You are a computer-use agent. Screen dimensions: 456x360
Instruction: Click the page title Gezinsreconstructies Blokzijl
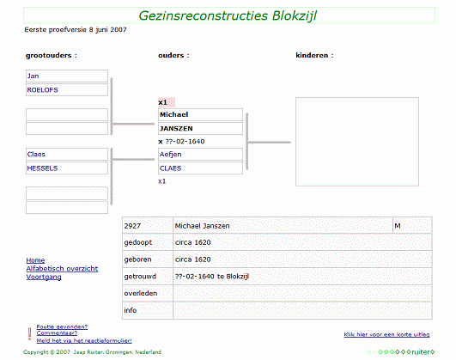[228, 15]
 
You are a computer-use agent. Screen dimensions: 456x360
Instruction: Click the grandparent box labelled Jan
[67, 76]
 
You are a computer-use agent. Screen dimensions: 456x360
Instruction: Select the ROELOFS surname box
[67, 90]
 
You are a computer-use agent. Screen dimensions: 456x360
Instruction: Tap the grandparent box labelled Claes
[67, 155]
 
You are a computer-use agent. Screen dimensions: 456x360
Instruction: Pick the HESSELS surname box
[67, 168]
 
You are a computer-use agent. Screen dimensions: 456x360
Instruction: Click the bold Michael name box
[200, 114]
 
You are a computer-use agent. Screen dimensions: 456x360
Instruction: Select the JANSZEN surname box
[200, 129]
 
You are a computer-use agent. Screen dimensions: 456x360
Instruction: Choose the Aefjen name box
[200, 155]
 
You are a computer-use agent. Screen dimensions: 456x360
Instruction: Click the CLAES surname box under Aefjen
[200, 168]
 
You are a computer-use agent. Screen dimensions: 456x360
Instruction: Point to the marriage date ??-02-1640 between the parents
[185, 142]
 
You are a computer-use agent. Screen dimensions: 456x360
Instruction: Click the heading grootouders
[52, 55]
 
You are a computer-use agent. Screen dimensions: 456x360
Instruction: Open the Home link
[35, 260]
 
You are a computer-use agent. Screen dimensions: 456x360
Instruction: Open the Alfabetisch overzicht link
[62, 269]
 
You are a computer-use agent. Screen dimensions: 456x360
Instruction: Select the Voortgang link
[44, 277]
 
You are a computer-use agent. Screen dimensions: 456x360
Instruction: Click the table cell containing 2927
[148, 226]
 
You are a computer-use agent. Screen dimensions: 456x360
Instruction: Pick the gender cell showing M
[412, 226]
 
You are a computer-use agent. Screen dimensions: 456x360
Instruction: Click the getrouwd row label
[140, 276]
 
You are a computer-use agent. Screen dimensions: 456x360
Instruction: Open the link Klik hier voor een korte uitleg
[386, 334]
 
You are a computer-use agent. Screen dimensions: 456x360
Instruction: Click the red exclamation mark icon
[29, 334]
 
